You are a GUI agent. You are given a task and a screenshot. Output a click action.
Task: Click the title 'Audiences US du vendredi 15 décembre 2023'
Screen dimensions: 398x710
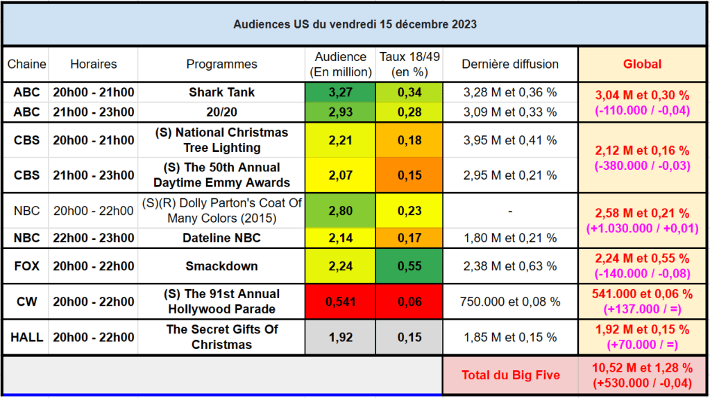(355, 24)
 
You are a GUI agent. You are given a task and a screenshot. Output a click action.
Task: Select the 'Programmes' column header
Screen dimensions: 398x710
(221, 64)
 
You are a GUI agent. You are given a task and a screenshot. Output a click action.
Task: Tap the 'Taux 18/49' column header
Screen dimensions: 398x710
(409, 64)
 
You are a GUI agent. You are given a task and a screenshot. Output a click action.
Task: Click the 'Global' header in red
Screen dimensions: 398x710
(642, 64)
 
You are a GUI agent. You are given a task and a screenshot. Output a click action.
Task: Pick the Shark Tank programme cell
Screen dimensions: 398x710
(221, 92)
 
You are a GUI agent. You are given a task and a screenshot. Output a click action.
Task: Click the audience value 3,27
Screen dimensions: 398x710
(340, 92)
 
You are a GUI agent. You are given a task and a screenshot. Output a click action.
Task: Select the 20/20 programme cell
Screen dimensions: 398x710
(221, 112)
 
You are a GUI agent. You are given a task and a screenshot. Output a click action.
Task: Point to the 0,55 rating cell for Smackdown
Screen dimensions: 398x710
(409, 266)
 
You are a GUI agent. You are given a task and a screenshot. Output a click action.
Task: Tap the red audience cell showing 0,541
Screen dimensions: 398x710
(340, 302)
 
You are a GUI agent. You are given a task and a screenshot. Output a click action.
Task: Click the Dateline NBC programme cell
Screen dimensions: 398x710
(221, 239)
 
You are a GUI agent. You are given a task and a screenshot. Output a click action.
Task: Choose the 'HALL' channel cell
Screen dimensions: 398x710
(26, 338)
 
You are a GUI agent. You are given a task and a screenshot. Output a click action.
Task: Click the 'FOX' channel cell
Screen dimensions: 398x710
(26, 266)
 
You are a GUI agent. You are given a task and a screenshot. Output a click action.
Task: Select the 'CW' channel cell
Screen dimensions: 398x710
(26, 302)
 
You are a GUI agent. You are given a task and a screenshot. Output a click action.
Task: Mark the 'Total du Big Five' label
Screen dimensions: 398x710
(510, 375)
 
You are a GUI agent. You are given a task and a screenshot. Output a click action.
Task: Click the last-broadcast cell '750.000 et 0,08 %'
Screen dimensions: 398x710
(510, 302)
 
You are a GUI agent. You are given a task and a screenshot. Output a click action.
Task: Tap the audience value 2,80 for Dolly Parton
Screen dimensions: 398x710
(340, 211)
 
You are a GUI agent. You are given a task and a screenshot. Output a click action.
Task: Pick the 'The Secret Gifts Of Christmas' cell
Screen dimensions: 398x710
(221, 337)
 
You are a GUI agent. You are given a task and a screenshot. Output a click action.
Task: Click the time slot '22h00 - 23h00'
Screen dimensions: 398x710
(94, 239)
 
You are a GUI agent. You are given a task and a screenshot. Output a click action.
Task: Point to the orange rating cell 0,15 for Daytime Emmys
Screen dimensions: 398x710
(409, 175)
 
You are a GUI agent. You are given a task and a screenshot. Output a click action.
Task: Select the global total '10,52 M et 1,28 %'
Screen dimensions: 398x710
(642, 368)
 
